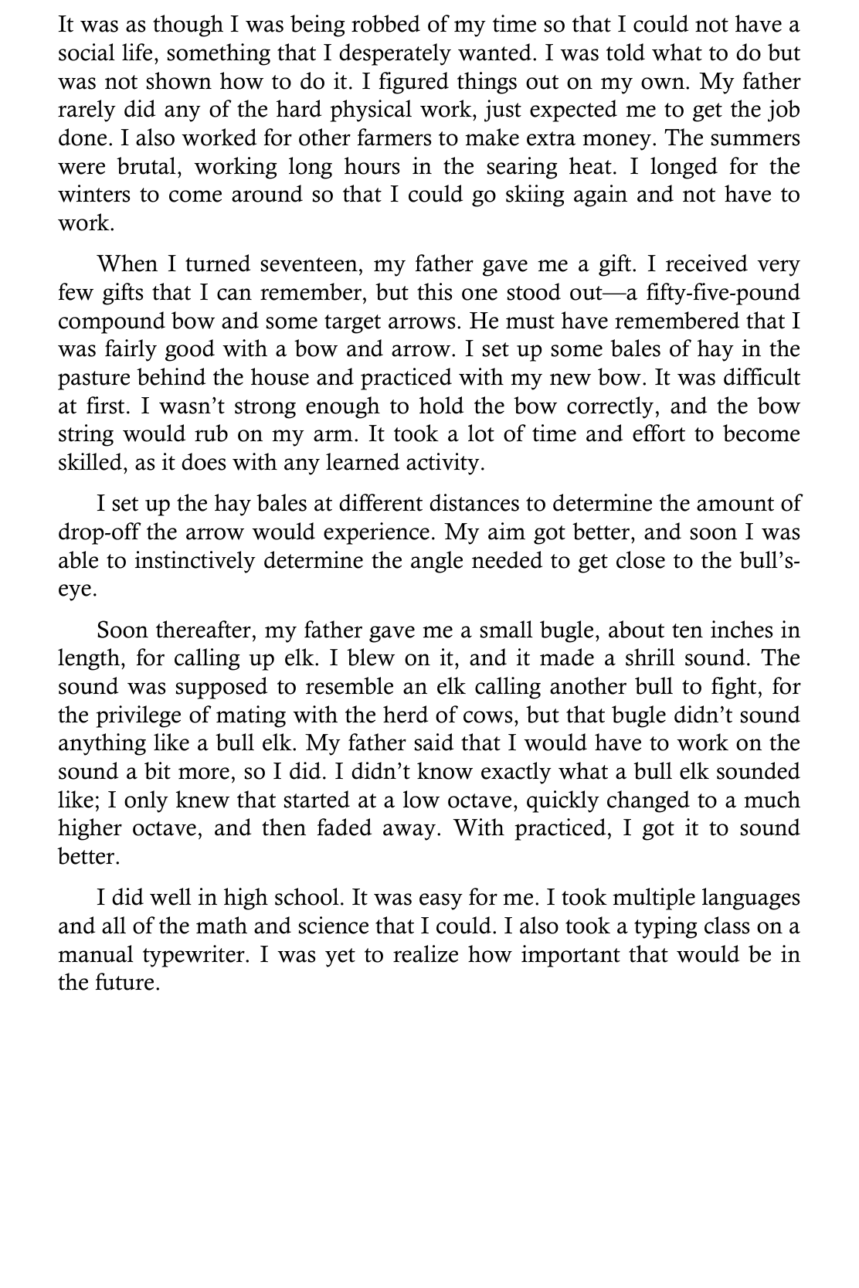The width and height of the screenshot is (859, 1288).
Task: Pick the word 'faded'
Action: pos(346,828)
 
